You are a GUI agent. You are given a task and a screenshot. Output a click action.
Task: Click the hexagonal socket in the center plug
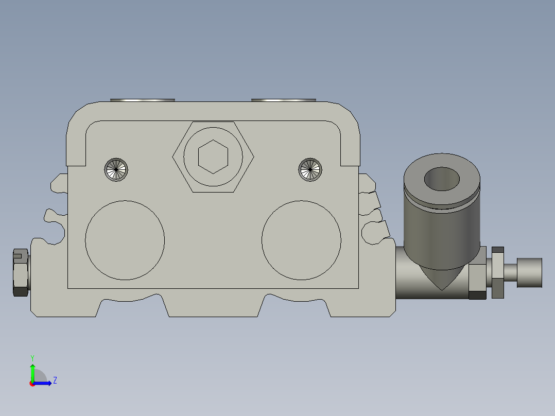click(213, 157)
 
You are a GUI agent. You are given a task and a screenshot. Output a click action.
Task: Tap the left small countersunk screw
click(116, 169)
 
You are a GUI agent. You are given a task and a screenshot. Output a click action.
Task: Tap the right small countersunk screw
click(310, 169)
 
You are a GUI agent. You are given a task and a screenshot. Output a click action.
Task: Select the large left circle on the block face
click(125, 240)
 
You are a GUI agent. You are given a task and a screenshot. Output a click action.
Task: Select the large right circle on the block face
click(301, 240)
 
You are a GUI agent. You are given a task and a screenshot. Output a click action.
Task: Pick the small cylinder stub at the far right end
click(529, 272)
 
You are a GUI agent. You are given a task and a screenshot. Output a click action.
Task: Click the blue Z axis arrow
click(44, 383)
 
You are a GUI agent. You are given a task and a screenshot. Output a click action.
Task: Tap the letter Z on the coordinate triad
click(55, 380)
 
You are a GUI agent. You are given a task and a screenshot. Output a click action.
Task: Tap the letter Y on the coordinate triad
click(32, 357)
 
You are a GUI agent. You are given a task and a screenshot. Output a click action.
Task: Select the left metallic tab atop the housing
click(143, 100)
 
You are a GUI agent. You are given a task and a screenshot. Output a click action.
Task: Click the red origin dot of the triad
click(32, 384)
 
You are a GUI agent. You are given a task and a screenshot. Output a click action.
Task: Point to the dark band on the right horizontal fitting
click(477, 295)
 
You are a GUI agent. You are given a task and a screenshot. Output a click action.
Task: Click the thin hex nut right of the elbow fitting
click(497, 272)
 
